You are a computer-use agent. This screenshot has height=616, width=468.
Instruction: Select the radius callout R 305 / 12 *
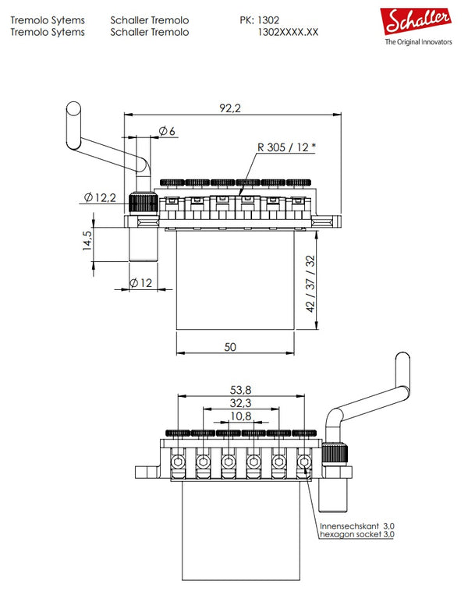pos(285,147)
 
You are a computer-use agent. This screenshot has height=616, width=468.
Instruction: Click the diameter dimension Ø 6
pos(167,132)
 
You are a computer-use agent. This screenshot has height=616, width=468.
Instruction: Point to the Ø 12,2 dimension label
pos(99,198)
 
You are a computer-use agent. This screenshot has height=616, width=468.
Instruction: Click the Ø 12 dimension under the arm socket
pos(140,282)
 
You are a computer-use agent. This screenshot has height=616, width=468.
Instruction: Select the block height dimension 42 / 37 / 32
pos(310,284)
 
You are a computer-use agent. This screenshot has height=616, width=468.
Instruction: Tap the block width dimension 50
pos(230,347)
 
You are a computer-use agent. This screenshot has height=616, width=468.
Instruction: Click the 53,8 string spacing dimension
pos(242,389)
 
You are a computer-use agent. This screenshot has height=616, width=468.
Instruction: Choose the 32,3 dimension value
pos(242,404)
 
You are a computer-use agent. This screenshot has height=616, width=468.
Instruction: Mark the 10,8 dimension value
pos(242,418)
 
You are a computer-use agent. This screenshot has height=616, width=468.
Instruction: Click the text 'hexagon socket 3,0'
pos(356,536)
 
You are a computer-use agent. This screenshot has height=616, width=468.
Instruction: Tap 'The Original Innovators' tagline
pos(418,44)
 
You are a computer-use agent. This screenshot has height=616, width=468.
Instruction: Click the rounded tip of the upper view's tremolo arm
pos(73,108)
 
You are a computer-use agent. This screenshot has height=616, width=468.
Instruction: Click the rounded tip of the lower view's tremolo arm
pos(403,358)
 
